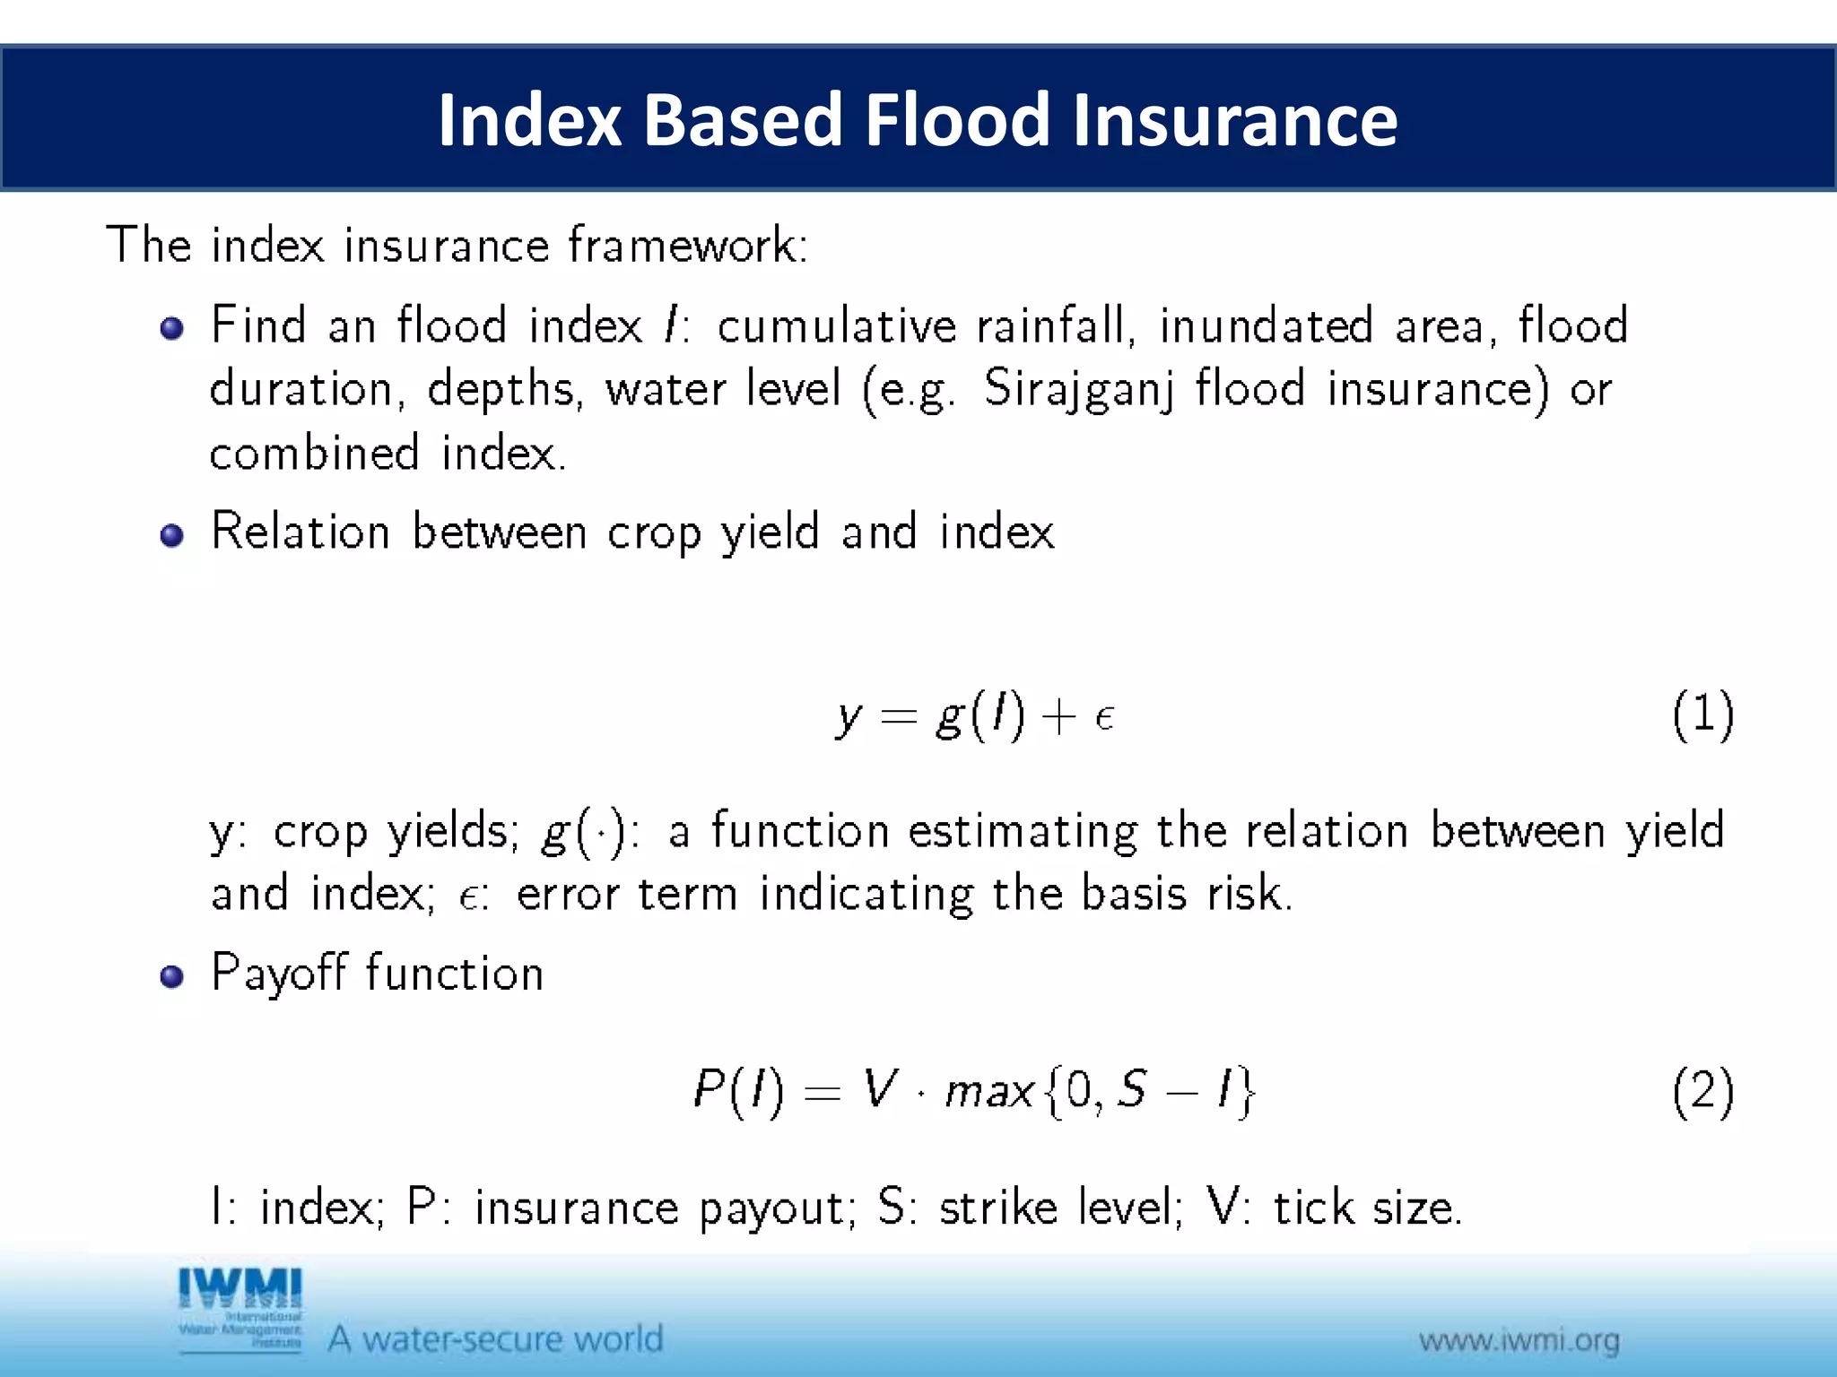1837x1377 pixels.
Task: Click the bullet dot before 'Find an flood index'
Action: coord(171,329)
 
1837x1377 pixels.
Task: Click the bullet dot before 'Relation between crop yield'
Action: coord(171,536)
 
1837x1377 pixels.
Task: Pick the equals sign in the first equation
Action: coord(899,717)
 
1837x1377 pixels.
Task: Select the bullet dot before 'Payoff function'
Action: coord(171,976)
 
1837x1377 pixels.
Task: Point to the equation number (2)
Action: coord(1702,1092)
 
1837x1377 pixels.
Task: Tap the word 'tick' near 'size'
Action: coord(1313,1207)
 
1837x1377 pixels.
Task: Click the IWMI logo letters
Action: coord(240,1288)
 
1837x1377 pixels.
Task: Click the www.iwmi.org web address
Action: coord(1519,1341)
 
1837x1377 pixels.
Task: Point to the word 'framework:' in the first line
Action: coord(688,245)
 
